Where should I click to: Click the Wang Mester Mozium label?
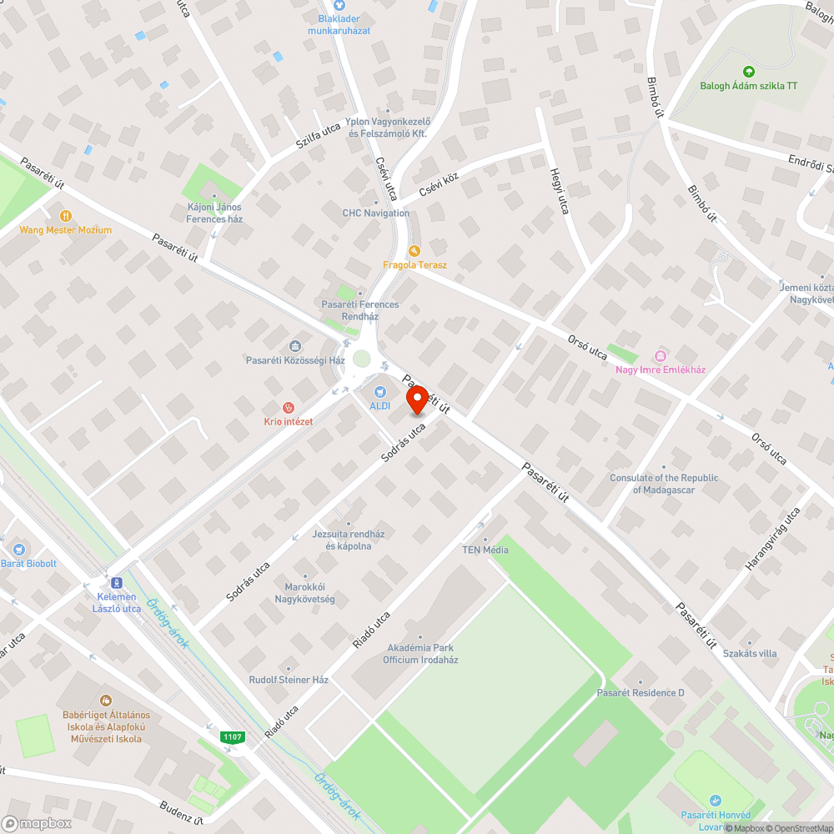[66, 230]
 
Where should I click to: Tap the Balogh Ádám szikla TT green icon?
[748, 72]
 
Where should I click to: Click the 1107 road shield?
[234, 736]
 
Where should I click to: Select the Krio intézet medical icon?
[289, 408]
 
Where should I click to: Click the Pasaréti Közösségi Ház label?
[295, 360]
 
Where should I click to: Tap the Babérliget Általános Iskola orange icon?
[105, 701]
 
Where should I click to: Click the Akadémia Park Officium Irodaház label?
[420, 654]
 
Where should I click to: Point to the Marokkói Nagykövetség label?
[305, 593]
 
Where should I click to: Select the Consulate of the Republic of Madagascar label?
[664, 484]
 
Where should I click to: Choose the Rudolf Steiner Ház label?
[289, 680]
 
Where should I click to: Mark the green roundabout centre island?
[361, 359]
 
